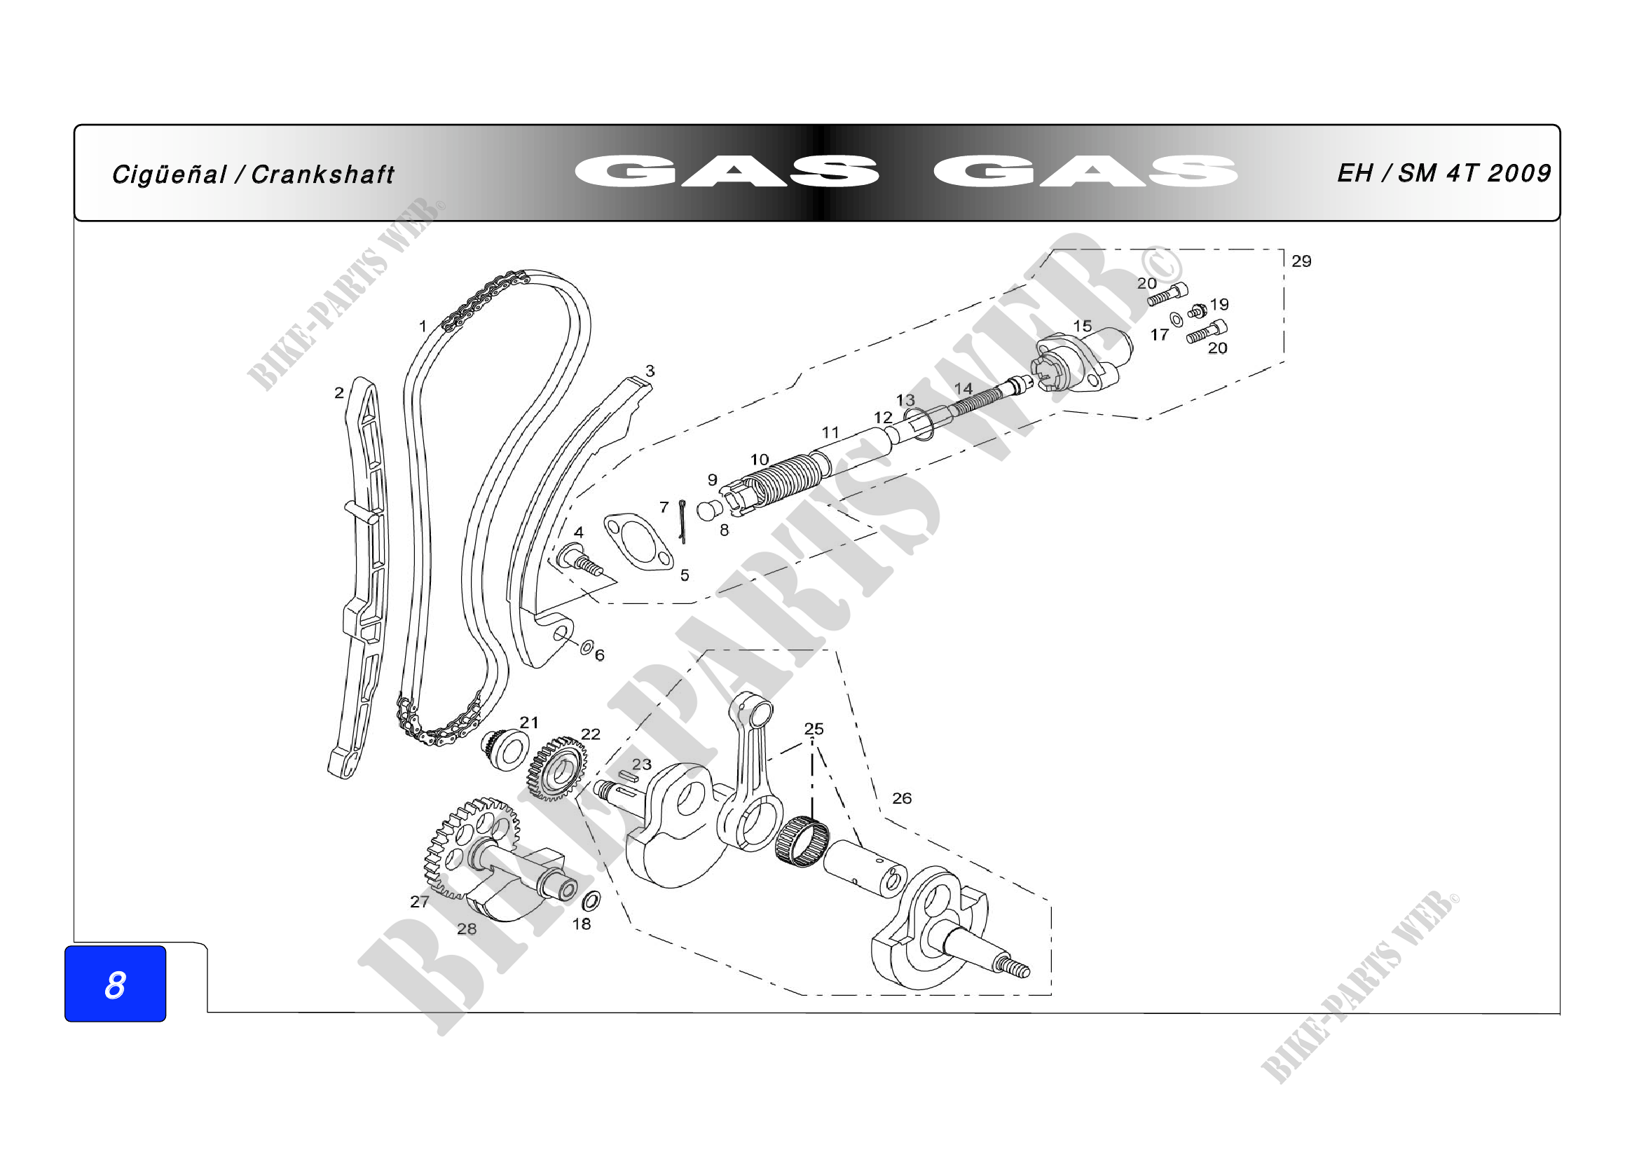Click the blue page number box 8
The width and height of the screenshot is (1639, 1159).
(x=115, y=984)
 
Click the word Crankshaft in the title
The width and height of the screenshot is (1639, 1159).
(x=322, y=174)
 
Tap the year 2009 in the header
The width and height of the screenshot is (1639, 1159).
(x=1520, y=172)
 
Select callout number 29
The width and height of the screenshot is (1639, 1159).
(x=1301, y=261)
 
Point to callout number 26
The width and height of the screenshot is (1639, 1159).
(x=902, y=798)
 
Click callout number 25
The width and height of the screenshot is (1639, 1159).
(x=814, y=729)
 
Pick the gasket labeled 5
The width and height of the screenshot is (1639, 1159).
(x=638, y=541)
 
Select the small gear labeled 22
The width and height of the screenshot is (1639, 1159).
(x=558, y=768)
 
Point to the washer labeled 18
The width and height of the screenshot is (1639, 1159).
(x=591, y=900)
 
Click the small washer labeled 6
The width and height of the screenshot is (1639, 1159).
(x=586, y=647)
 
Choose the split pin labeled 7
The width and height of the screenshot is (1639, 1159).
(x=683, y=521)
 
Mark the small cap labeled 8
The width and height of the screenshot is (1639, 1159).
(x=708, y=511)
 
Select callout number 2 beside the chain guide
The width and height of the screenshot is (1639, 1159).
(x=339, y=392)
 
